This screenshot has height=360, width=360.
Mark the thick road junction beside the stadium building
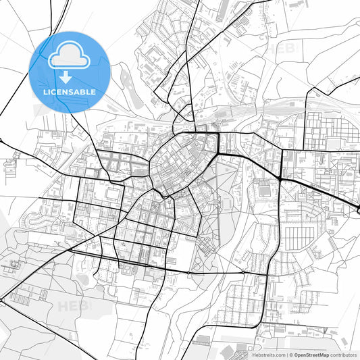[x=280, y=178]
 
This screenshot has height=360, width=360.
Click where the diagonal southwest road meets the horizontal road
[x=70, y=251]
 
